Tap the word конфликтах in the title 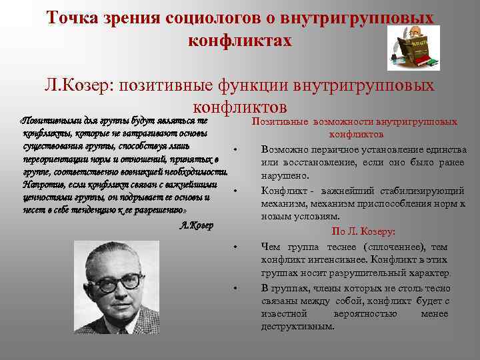click(240, 40)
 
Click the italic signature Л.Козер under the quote click(197, 225)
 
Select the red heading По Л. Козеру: click(363, 231)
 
